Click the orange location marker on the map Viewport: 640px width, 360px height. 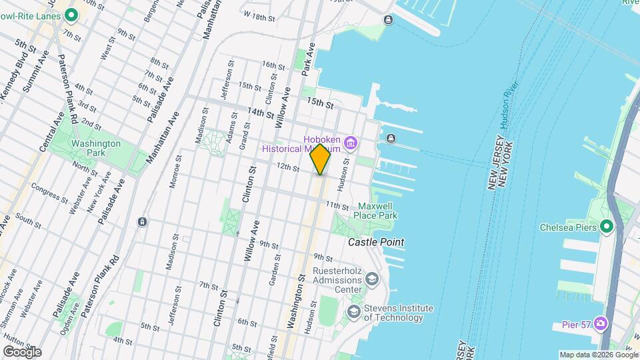click(320, 159)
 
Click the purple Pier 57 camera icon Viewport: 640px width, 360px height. click(601, 323)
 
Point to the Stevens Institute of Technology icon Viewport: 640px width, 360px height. click(353, 311)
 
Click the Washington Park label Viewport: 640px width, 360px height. click(96, 148)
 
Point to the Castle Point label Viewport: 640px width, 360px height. click(376, 242)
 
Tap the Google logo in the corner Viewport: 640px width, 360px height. click(22, 351)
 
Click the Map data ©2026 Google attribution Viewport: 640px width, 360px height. click(598, 355)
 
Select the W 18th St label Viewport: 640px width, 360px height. click(259, 15)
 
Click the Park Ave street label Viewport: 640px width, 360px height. click(308, 58)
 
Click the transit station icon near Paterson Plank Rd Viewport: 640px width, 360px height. click(142, 221)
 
